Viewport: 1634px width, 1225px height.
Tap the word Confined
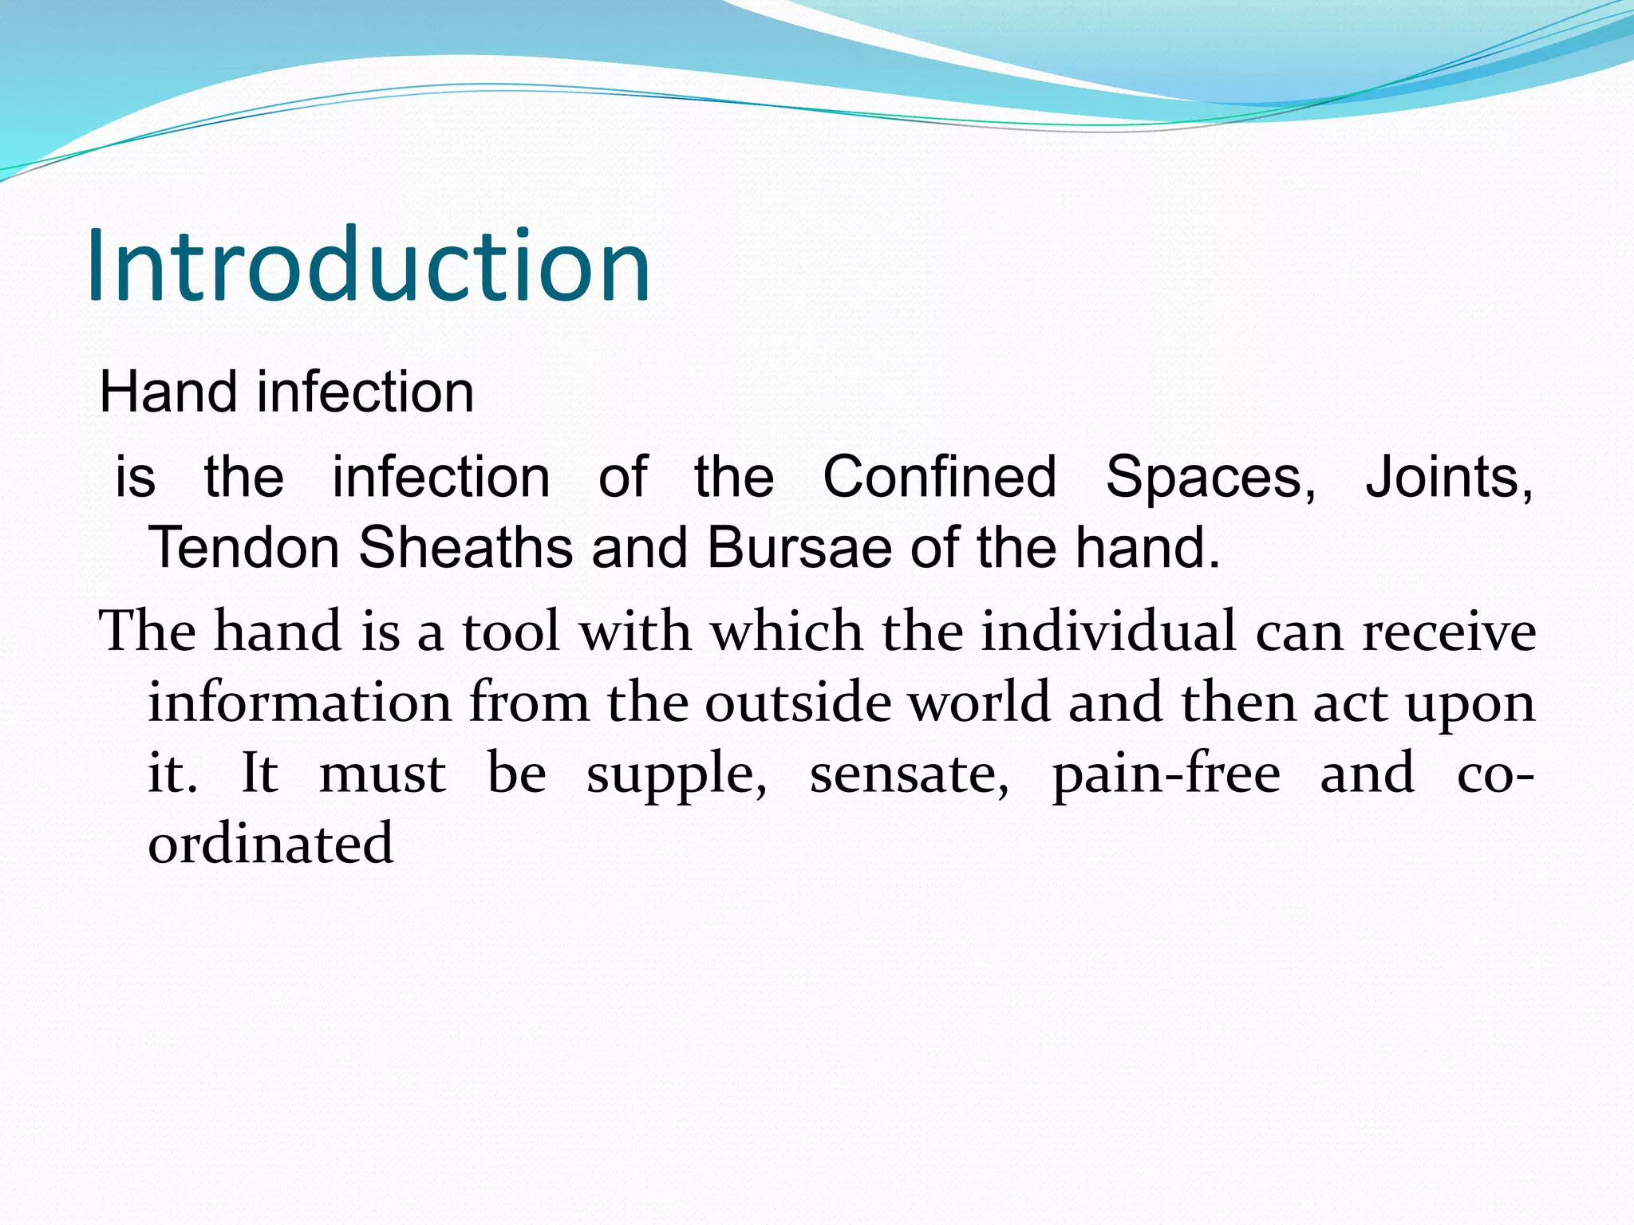point(939,477)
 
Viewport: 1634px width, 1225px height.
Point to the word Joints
point(1448,477)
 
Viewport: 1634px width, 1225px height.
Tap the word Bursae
point(799,547)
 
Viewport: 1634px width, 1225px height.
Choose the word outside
point(797,703)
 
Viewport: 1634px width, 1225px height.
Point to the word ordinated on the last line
point(270,844)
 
